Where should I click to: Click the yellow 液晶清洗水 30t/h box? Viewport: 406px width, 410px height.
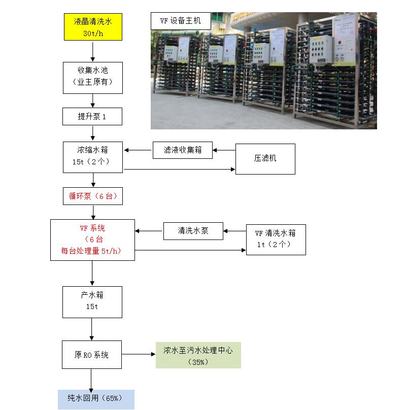[92, 27]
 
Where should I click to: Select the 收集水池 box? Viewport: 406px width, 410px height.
[92, 77]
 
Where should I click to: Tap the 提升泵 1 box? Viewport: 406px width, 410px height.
[92, 117]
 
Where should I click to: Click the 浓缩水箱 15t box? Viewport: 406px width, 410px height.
[92, 156]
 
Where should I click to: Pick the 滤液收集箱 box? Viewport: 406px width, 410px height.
[183, 150]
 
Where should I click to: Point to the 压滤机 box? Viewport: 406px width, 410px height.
[265, 158]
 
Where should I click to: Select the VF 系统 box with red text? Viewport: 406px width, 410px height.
[92, 240]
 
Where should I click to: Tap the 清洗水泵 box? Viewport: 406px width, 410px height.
[193, 231]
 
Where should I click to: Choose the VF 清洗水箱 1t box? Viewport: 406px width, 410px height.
[276, 240]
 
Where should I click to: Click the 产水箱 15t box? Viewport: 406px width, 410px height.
[92, 302]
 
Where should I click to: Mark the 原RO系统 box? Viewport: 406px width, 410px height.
[92, 355]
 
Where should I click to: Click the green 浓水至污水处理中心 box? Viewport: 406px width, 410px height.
[198, 355]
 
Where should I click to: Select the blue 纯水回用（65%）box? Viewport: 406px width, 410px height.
[95, 399]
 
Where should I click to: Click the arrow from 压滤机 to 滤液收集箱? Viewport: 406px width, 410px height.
[224, 150]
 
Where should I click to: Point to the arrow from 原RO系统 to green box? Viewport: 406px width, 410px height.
[139, 355]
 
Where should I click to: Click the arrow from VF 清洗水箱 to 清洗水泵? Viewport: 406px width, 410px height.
[235, 231]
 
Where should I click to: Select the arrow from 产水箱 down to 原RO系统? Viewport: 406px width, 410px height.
[92, 329]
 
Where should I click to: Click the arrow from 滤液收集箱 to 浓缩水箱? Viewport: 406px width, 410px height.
[138, 150]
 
